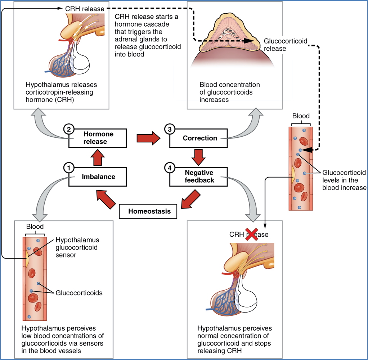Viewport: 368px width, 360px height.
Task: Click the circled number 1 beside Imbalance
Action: (68, 168)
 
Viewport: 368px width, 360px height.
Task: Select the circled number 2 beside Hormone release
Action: (68, 128)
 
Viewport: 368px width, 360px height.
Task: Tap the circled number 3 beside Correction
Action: (169, 128)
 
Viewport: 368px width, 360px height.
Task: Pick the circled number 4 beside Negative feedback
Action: (169, 168)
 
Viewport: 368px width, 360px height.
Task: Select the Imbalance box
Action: (98, 177)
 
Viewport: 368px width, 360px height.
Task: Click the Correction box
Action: (200, 138)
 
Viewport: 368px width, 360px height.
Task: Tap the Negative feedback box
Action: (200, 176)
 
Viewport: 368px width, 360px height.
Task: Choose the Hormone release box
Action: (98, 138)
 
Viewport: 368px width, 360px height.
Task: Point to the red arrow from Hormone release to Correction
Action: (148, 138)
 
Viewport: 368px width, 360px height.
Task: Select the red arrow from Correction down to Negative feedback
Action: (198, 157)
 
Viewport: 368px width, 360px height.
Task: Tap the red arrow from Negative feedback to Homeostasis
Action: (190, 200)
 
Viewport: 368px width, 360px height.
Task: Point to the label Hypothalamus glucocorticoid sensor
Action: (77, 247)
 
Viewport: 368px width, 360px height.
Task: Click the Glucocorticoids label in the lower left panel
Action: (79, 293)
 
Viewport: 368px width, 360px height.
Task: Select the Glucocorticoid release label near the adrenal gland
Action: (286, 45)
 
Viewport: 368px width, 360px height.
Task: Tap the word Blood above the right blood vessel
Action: (301, 116)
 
